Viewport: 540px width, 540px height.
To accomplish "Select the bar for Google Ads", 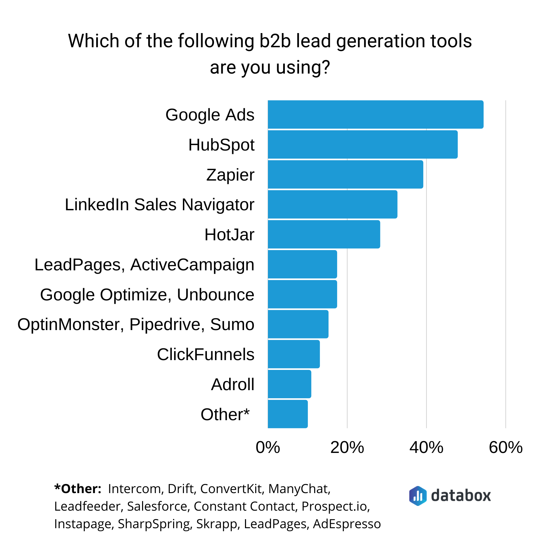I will click(x=375, y=114).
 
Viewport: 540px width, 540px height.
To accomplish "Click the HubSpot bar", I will click(x=362, y=144).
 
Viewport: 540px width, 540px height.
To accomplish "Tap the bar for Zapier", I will click(x=345, y=174).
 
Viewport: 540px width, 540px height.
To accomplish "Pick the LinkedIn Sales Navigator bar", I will click(x=332, y=205).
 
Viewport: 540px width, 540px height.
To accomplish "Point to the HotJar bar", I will click(x=324, y=234).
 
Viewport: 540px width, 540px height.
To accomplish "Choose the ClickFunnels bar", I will click(x=294, y=354).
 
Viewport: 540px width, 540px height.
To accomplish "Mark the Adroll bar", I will click(x=289, y=384).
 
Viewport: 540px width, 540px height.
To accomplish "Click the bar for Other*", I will click(x=288, y=414).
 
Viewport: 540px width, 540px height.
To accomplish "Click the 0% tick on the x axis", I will click(x=268, y=448).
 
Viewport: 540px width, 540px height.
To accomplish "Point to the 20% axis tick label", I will click(x=347, y=448).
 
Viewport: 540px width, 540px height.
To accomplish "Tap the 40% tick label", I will click(x=426, y=448).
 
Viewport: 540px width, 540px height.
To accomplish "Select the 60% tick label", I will click(x=506, y=448).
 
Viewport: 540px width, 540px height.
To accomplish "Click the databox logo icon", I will click(x=417, y=496).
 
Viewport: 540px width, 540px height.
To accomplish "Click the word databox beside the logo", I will click(x=461, y=496).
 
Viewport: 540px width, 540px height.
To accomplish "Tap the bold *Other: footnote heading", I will click(x=78, y=489).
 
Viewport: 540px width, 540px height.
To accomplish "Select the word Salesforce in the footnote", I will click(x=157, y=506).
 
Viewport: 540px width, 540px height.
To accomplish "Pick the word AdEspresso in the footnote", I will click(x=347, y=524).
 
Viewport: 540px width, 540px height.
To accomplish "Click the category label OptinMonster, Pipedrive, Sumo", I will click(x=136, y=324).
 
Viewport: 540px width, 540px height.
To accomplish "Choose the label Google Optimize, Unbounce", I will click(x=147, y=295).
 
